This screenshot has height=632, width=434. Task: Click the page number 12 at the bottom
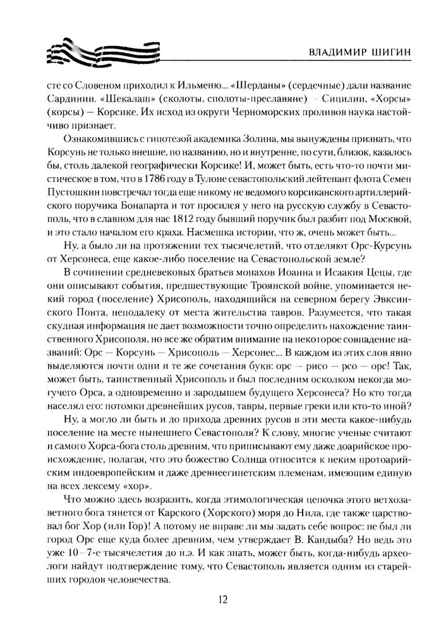(217, 599)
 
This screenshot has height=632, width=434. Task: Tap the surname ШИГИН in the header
(380, 53)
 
